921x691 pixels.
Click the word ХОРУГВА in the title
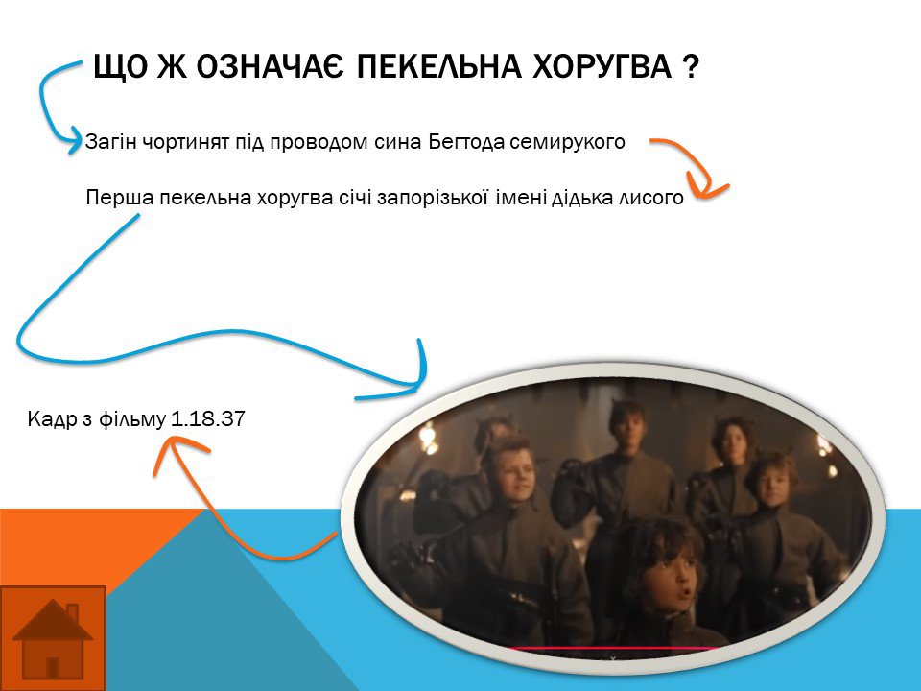click(x=602, y=66)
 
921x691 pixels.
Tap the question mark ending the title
click(x=692, y=66)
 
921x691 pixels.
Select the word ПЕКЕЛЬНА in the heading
click(x=438, y=66)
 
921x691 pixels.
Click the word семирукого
click(x=567, y=142)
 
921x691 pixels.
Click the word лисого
click(x=650, y=198)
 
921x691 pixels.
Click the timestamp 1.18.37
click(x=208, y=419)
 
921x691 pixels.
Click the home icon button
click(x=53, y=638)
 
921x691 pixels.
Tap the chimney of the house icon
click(x=72, y=613)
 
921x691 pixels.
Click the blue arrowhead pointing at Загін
click(x=75, y=140)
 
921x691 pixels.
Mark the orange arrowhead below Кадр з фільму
click(x=177, y=450)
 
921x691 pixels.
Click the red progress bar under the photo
click(x=614, y=649)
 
